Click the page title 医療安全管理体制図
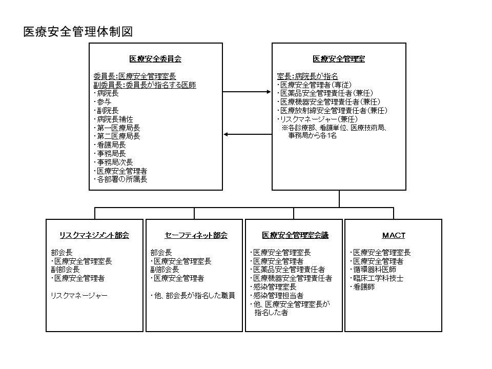78,32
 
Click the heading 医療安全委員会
155,58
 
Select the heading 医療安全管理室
339,58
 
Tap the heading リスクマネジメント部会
94,235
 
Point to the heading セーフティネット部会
196,235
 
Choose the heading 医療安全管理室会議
295,235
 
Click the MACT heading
394,235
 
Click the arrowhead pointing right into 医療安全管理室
269,92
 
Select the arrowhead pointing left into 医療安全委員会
226,135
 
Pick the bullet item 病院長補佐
114,119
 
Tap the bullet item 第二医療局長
117,136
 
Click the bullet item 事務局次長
114,162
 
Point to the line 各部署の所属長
121,179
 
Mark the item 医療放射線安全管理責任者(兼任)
333,111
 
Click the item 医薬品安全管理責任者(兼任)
325,93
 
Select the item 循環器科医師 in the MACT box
373,270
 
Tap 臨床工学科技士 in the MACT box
377,278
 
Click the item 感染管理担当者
277,296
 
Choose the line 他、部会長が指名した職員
193,296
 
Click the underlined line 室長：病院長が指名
307,76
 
